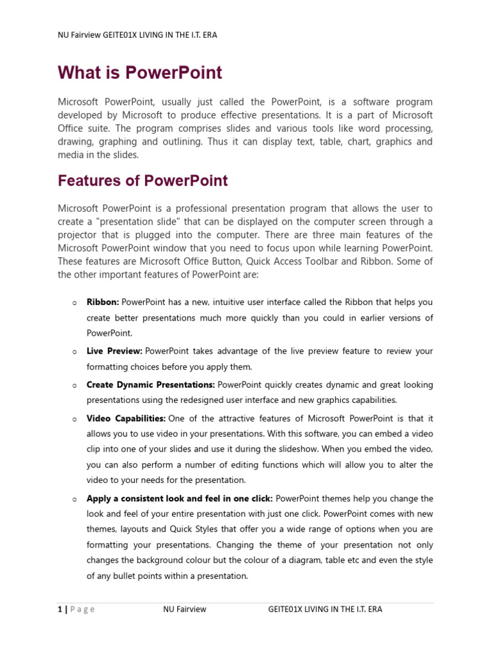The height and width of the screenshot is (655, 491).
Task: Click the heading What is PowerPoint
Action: click(x=139, y=73)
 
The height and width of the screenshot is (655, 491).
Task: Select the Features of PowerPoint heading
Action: click(x=143, y=181)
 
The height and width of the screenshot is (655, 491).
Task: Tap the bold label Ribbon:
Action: click(x=103, y=302)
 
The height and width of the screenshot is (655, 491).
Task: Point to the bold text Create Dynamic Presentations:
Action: click(x=151, y=385)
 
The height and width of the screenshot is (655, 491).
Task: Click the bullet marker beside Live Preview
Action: click(x=75, y=352)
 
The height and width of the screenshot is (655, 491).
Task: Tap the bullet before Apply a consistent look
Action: click(x=75, y=499)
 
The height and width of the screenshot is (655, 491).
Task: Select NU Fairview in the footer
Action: click(x=185, y=610)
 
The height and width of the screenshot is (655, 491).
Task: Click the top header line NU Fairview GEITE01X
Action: click(x=137, y=35)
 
